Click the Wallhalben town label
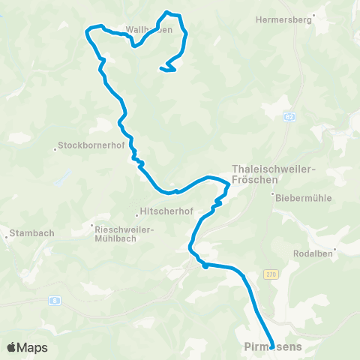[149, 30]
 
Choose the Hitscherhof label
[160, 212]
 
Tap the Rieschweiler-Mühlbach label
[121, 229]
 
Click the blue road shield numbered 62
[289, 117]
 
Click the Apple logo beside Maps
[12, 347]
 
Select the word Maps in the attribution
[34, 347]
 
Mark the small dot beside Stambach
[7, 238]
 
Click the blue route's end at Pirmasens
[271, 346]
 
